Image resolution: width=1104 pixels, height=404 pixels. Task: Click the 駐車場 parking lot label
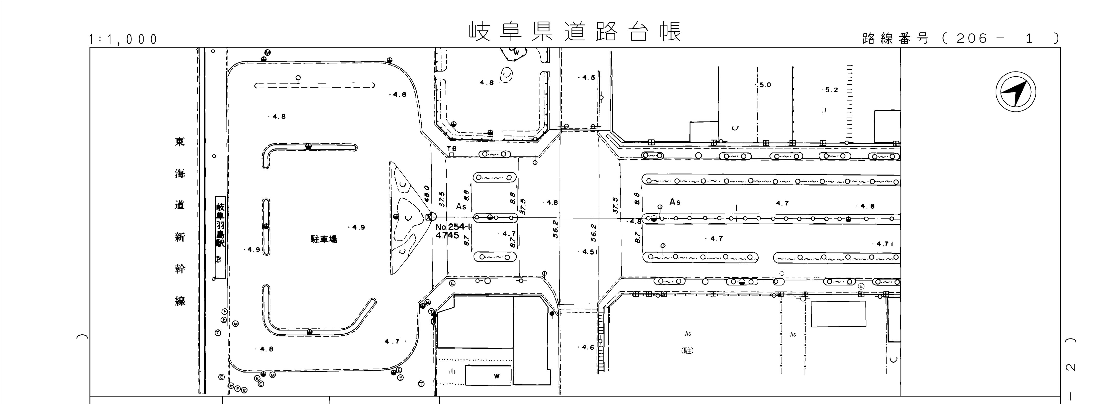pyautogui.click(x=324, y=239)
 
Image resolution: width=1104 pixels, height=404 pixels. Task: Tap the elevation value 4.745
pyautogui.click(x=447, y=235)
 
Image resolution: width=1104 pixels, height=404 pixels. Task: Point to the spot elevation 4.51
pyautogui.click(x=590, y=252)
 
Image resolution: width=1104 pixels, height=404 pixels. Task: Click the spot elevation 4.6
pyautogui.click(x=588, y=347)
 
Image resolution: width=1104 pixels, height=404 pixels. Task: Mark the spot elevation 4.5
pyautogui.click(x=588, y=78)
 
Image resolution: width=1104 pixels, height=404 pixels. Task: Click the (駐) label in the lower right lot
pyautogui.click(x=687, y=350)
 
